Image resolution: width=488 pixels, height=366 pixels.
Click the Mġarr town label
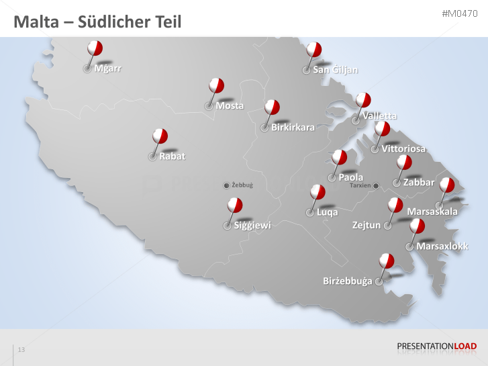point(107,68)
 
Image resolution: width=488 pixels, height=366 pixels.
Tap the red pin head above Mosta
point(216,85)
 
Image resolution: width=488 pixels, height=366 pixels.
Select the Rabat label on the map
point(172,156)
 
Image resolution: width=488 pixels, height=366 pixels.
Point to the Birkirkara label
point(293,128)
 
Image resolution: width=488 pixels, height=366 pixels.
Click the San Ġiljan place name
point(335,70)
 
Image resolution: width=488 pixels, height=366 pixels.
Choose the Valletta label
point(379,116)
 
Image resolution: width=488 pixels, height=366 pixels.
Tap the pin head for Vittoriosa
point(383,128)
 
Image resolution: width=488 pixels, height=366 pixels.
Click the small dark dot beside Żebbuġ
point(226,185)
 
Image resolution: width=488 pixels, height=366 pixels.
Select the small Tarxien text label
point(360,186)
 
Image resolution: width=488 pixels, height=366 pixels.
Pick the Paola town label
point(350,177)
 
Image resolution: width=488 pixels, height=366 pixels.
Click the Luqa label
point(327,212)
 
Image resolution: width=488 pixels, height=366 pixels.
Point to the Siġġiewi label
point(252,226)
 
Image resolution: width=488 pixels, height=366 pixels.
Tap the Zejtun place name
point(367,225)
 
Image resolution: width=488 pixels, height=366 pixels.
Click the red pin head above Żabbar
point(404,162)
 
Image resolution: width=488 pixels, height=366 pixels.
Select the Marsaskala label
point(432,212)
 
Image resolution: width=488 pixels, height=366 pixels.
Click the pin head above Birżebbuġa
point(387,260)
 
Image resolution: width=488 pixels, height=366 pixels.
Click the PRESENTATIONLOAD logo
point(437,347)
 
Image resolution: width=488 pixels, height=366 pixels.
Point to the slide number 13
point(21,350)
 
